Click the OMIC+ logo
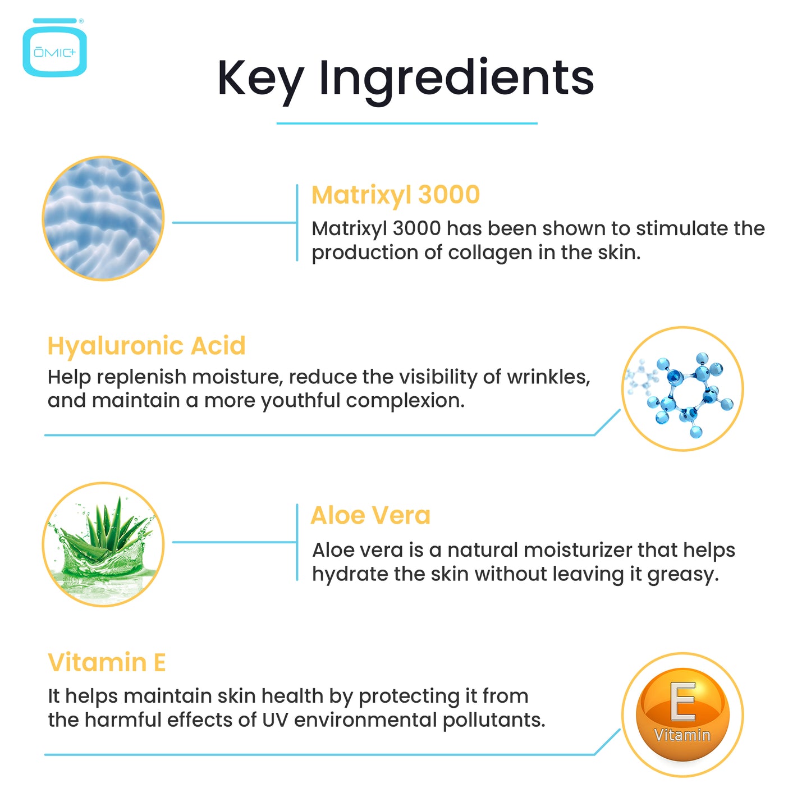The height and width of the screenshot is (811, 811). point(54,48)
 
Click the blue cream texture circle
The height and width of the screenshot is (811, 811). point(103,218)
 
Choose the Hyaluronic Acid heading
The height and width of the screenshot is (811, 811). point(146,346)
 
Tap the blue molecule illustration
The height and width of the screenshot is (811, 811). point(682,390)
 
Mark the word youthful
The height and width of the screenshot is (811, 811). point(300,401)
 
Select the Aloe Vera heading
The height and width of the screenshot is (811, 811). point(370,515)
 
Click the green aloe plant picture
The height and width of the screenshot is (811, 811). point(103,544)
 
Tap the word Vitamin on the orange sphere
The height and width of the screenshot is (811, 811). point(682,735)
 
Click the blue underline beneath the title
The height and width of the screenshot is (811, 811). point(407,123)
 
